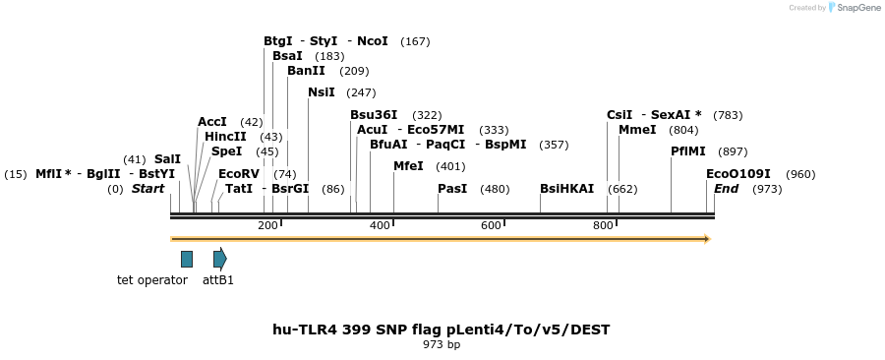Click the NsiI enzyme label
coord(321,92)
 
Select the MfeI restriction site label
coord(408,166)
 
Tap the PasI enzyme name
coord(452,189)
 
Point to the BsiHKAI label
coord(566,189)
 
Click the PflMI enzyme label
coord(688,151)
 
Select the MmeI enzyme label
coord(637,130)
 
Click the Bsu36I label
coord(374,115)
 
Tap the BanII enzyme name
coord(306,71)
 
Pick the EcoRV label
coord(239,174)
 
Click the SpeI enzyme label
coord(226,151)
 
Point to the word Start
coord(148,189)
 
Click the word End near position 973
coord(726,189)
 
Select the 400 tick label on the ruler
coord(380,226)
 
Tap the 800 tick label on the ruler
coord(603,226)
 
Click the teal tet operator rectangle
coord(187,259)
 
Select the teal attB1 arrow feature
coord(220,259)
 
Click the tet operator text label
coord(152,280)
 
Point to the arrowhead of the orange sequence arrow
coord(706,238)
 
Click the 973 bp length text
coord(442,345)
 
